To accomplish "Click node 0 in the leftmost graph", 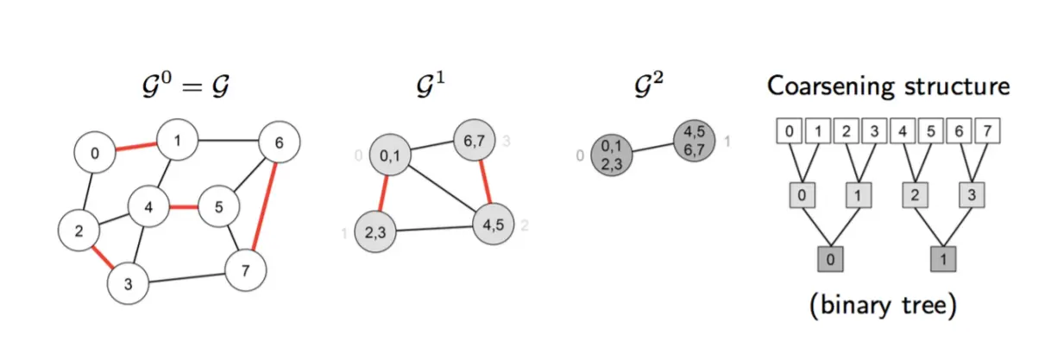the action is point(95,153).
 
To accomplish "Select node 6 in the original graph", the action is point(279,142).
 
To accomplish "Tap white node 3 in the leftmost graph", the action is point(128,283).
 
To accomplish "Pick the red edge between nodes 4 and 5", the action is point(184,207).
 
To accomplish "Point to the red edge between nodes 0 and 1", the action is point(136,147).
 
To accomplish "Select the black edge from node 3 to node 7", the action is point(187,278).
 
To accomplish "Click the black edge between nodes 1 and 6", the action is point(228,140).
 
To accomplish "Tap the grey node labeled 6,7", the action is point(474,140).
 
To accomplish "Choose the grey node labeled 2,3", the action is point(375,232).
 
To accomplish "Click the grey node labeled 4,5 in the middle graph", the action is point(493,224).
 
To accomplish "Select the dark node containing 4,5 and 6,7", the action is point(694,141).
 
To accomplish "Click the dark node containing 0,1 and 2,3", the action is point(612,155).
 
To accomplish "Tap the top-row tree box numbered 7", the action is point(987,130).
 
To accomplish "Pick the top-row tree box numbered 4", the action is point(903,130).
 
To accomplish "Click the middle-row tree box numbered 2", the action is point(915,195).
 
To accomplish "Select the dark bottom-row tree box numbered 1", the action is point(943,259).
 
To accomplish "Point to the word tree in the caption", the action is point(922,306).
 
